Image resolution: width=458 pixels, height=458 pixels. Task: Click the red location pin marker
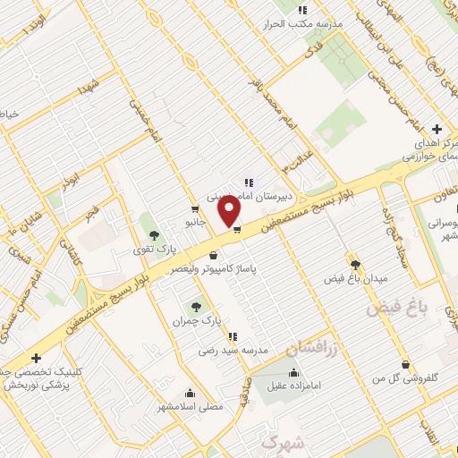click(x=230, y=211)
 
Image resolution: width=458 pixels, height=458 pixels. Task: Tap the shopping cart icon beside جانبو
click(x=194, y=208)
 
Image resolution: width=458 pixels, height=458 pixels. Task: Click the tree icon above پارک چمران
click(x=197, y=306)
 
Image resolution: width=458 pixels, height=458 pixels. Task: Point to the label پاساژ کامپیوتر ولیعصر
click(x=211, y=267)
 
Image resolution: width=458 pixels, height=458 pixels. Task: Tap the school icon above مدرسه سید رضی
click(x=233, y=337)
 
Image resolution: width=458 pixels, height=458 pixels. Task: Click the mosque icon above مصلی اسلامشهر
click(x=189, y=392)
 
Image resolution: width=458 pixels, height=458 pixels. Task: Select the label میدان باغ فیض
click(x=356, y=278)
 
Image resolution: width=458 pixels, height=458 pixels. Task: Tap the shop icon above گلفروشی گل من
click(x=407, y=364)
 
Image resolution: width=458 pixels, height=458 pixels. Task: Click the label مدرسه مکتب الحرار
click(x=305, y=23)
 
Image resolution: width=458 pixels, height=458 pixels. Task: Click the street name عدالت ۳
click(x=298, y=159)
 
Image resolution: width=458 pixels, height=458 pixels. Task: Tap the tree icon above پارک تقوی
click(x=154, y=235)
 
